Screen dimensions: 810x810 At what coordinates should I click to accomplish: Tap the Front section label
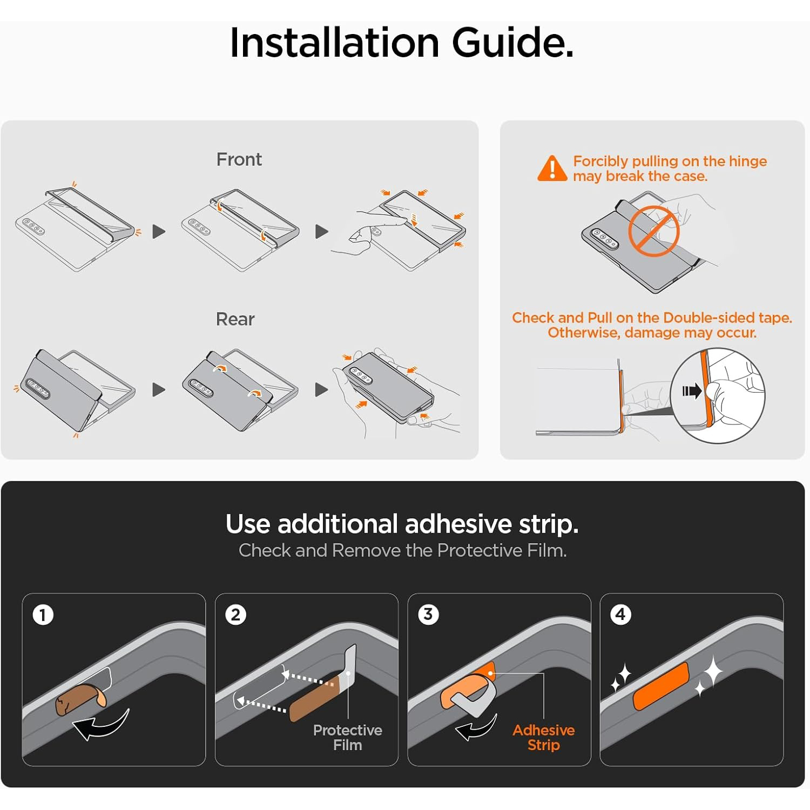point(239,159)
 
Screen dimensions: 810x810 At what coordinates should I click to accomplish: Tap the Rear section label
point(235,319)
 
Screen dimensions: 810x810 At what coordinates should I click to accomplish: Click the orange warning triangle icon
point(552,168)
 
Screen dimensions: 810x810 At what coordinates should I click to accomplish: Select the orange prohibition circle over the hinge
point(653,231)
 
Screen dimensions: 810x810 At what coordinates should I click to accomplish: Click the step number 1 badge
point(43,615)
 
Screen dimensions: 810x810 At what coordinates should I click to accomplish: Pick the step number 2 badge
point(235,615)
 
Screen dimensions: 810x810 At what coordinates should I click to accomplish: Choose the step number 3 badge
point(428,614)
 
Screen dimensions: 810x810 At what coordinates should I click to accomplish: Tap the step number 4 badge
point(620,614)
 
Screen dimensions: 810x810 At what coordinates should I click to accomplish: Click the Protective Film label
point(347,738)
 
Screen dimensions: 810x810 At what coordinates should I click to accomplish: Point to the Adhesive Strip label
point(543,738)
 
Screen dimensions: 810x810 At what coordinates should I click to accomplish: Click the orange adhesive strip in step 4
point(661,686)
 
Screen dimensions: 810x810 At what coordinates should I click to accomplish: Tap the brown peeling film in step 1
point(81,699)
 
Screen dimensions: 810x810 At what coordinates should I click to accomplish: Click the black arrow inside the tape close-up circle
point(692,390)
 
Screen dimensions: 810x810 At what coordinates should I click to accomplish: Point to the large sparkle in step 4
point(713,671)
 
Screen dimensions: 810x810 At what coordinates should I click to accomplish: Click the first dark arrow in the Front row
point(159,232)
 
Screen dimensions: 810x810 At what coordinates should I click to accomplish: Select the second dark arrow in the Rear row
point(322,389)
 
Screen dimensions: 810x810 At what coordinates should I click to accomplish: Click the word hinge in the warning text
point(748,161)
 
